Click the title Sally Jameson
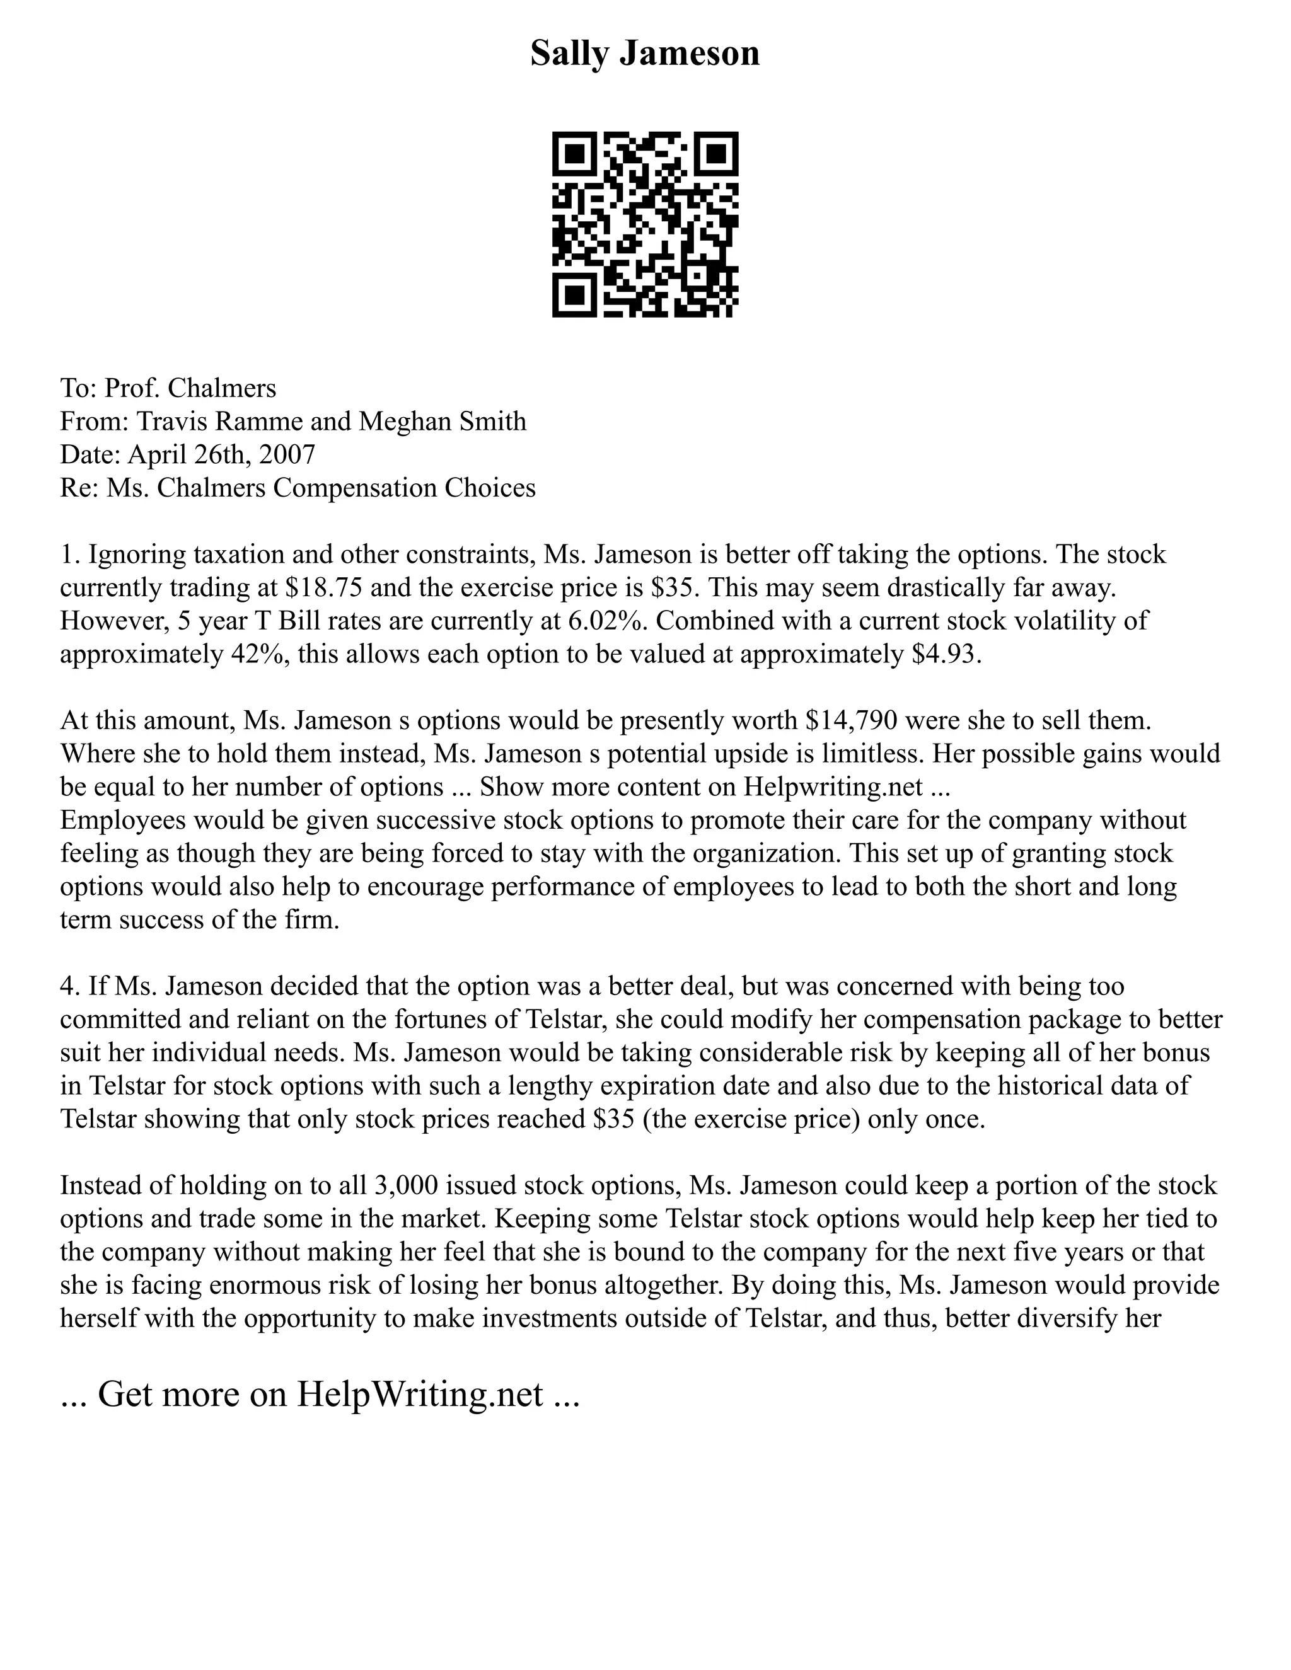pos(645,54)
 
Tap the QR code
pos(645,224)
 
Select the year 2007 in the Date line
pos(287,454)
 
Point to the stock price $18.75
pos(323,587)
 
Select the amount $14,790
pos(850,720)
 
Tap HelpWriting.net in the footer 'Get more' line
pos(420,1394)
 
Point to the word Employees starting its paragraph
pos(123,820)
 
